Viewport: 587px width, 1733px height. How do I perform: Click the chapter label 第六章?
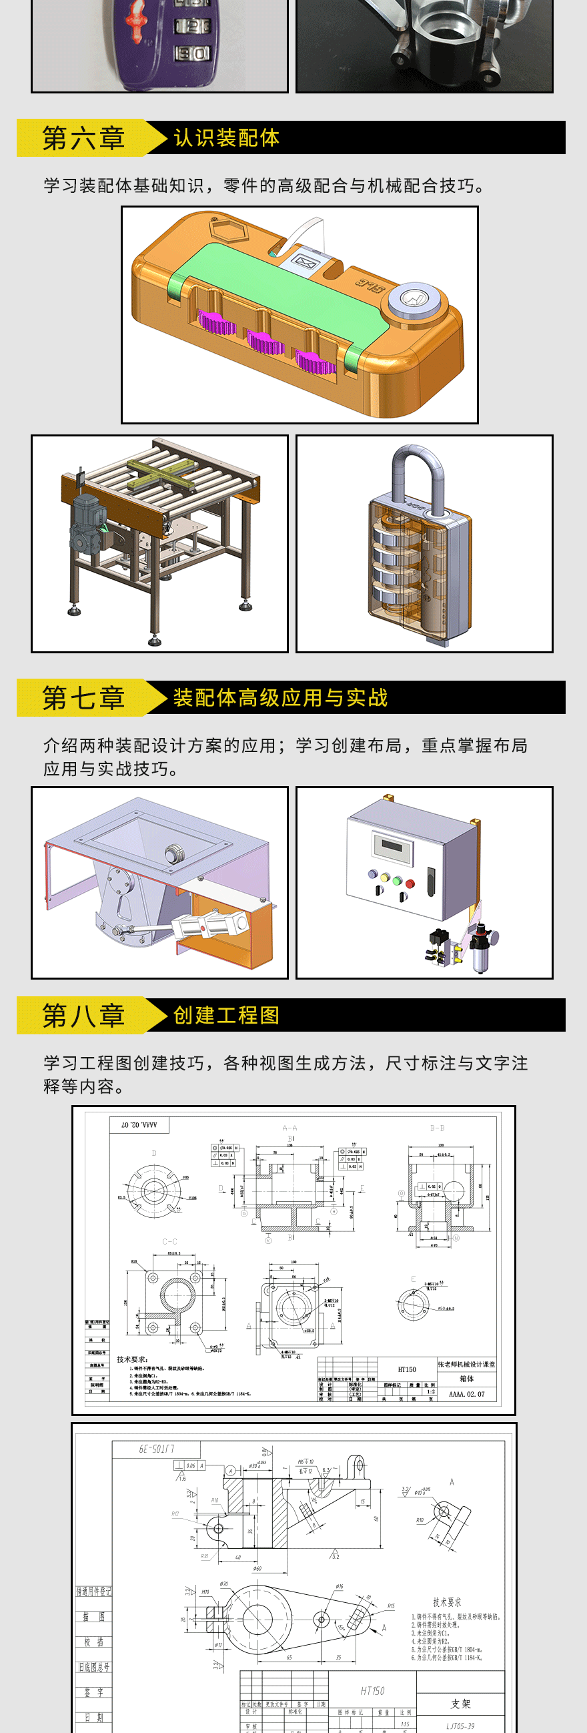point(83,138)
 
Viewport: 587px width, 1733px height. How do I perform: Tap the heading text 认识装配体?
point(226,138)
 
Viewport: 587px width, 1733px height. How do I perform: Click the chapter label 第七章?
point(83,697)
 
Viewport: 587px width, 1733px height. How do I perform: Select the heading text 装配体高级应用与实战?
point(280,697)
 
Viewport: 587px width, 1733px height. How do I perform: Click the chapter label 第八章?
point(83,1015)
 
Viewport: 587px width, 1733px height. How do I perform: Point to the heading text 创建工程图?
point(226,1015)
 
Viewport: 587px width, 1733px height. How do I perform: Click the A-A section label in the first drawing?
point(289,1128)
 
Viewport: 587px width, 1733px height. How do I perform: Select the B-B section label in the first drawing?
point(437,1128)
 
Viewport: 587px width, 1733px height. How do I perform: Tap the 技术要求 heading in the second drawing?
point(446,1602)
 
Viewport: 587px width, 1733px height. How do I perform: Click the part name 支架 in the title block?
point(460,1704)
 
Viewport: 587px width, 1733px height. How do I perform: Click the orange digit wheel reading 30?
point(192,53)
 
